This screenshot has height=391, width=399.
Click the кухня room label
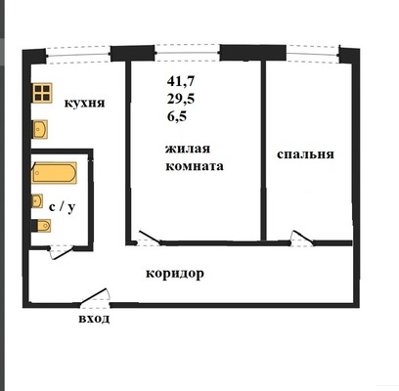pyautogui.click(x=84, y=104)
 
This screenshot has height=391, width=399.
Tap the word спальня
pyautogui.click(x=305, y=154)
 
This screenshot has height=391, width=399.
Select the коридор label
pyautogui.click(x=175, y=274)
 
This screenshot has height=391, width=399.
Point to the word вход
pyautogui.click(x=94, y=319)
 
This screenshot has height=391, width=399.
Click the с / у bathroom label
pyautogui.click(x=62, y=207)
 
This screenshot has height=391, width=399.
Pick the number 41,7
pyautogui.click(x=181, y=81)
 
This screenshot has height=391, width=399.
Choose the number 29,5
pyautogui.click(x=181, y=99)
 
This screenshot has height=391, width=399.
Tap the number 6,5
pyautogui.click(x=177, y=116)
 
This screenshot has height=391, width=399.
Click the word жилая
pyautogui.click(x=188, y=149)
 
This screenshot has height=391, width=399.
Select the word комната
pyautogui.click(x=195, y=166)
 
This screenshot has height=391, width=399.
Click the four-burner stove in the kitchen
pyautogui.click(x=42, y=93)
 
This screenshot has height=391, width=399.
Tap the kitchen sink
pyautogui.click(x=40, y=129)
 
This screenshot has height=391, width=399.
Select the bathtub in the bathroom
pyautogui.click(x=54, y=173)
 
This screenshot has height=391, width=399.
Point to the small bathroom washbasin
pyautogui.click(x=37, y=201)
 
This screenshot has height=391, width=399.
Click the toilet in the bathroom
pyautogui.click(x=41, y=226)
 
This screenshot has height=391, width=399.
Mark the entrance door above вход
pyautogui.click(x=95, y=297)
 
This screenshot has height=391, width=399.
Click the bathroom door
pyautogui.click(x=62, y=252)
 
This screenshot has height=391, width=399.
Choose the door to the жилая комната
pyautogui.click(x=149, y=238)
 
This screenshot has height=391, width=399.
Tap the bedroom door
pyautogui.click(x=302, y=239)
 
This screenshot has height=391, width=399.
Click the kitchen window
pyautogui.click(x=77, y=55)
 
